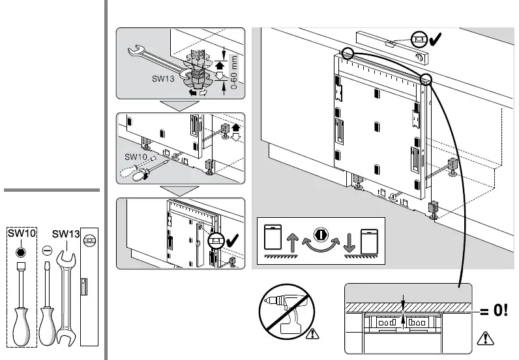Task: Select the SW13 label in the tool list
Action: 65,233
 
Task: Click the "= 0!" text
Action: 494,310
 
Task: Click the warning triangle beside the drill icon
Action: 314,335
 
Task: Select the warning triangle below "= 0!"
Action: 484,338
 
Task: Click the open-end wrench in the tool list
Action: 65,293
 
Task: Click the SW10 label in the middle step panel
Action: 137,157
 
